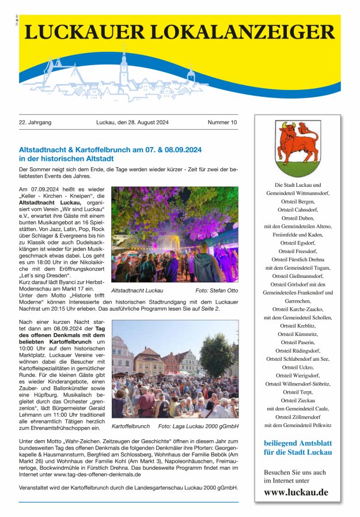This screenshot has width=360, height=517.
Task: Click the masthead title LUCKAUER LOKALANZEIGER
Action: pos(179,33)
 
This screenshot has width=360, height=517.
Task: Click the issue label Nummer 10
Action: pos(222,123)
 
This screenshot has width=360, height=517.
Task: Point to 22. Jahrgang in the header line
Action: pos(35,123)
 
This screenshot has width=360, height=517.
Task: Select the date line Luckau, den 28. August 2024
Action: pos(132,123)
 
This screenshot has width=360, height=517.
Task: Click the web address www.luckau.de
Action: pos(296,492)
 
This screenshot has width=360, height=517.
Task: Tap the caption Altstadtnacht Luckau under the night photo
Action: pos(137,290)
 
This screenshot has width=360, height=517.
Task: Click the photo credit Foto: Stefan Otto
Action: pos(217,290)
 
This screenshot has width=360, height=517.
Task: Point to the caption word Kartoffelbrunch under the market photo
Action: pos(131,427)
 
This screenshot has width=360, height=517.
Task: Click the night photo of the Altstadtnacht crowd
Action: pos(175,234)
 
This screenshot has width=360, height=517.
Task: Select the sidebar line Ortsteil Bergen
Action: pos(298,202)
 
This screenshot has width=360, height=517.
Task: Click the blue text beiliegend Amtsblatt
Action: pos(298,443)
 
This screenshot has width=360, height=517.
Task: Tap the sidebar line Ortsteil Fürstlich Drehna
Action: pos(298,259)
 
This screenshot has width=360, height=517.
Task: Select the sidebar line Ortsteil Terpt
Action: pos(298,391)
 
